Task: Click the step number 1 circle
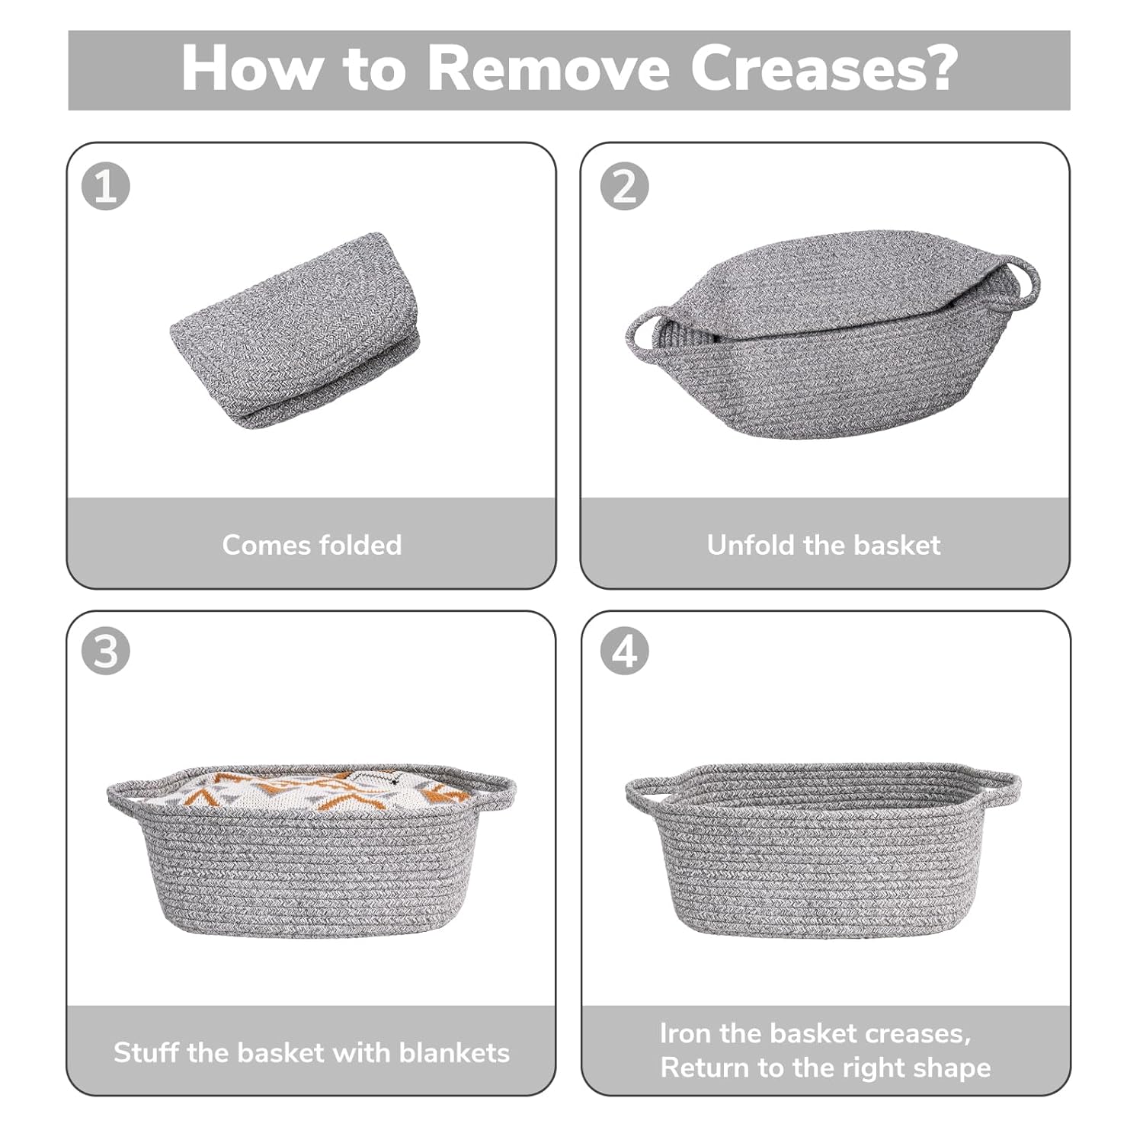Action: [x=105, y=186]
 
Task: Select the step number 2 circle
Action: [x=624, y=186]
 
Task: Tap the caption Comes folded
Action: [x=312, y=545]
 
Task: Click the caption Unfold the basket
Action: [x=823, y=545]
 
